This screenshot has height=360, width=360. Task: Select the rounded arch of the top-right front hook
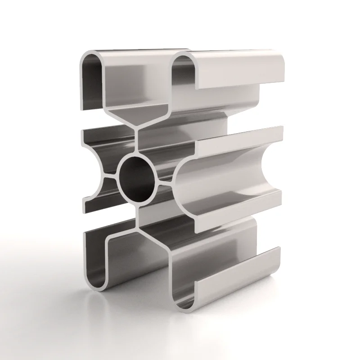pos(183,58)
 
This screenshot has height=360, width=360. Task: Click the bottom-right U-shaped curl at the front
pos(184,302)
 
